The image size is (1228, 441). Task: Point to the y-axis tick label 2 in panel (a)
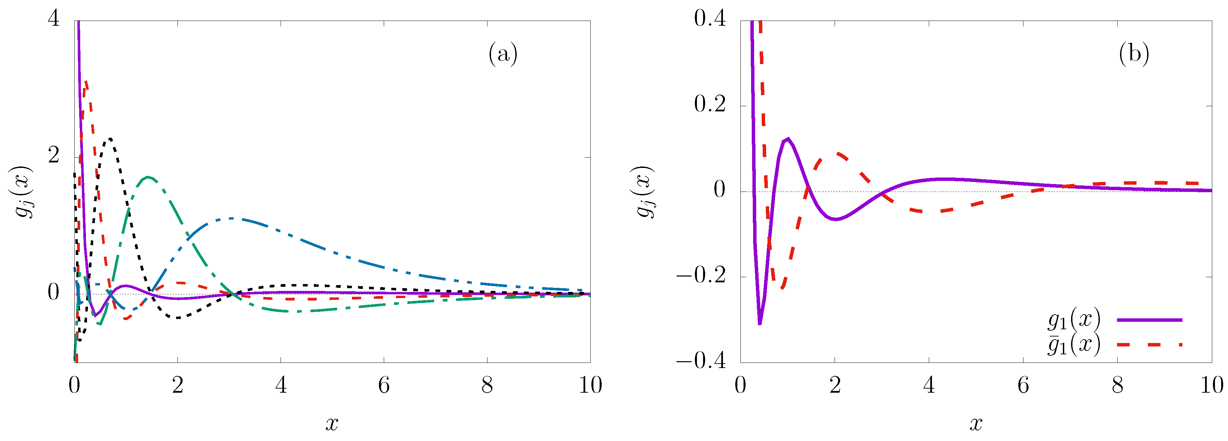[54, 156]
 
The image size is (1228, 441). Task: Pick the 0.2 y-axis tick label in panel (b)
[710, 105]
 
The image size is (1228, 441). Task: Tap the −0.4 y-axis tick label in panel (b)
[701, 361]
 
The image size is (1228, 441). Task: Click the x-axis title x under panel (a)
[332, 423]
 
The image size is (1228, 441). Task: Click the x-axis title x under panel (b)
[976, 423]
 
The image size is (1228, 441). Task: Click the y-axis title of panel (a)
[24, 192]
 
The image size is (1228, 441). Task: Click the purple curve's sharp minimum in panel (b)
[759, 324]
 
